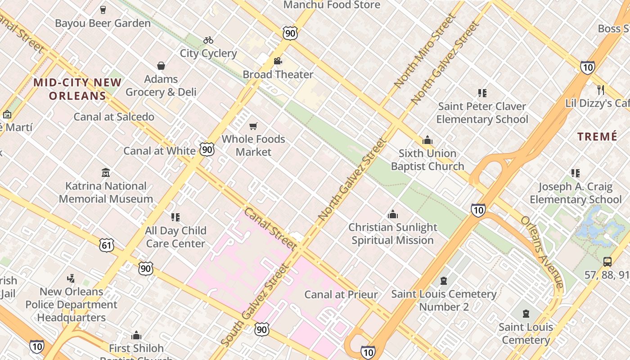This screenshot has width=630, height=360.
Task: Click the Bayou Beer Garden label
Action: point(103,23)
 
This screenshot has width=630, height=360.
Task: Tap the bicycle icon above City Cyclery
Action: point(208,40)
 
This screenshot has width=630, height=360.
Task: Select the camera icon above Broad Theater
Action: point(278,61)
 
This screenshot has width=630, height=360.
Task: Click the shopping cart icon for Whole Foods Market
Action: point(253,126)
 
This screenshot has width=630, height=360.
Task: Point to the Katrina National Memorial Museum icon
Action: point(106,173)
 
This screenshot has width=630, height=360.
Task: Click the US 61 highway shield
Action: point(107,245)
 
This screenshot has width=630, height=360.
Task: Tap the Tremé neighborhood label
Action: point(597,137)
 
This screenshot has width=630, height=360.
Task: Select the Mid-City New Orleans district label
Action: point(77,89)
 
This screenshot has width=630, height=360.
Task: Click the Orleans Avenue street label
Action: point(542,252)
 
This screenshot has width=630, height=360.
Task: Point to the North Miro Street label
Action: point(425,50)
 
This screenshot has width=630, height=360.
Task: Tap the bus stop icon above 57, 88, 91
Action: point(607,261)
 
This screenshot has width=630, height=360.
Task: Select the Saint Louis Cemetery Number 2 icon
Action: point(444,281)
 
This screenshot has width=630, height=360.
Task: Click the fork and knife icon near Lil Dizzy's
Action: point(600,90)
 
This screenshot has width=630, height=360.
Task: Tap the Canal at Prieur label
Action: point(341,295)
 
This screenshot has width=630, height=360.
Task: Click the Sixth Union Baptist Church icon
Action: point(427,140)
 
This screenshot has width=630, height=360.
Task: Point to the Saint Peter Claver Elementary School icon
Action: point(482,93)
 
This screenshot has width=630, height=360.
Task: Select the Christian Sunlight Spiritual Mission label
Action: point(392,234)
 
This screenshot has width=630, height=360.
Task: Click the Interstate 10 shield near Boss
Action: point(587,67)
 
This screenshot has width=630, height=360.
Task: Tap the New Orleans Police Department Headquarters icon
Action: point(71,279)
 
